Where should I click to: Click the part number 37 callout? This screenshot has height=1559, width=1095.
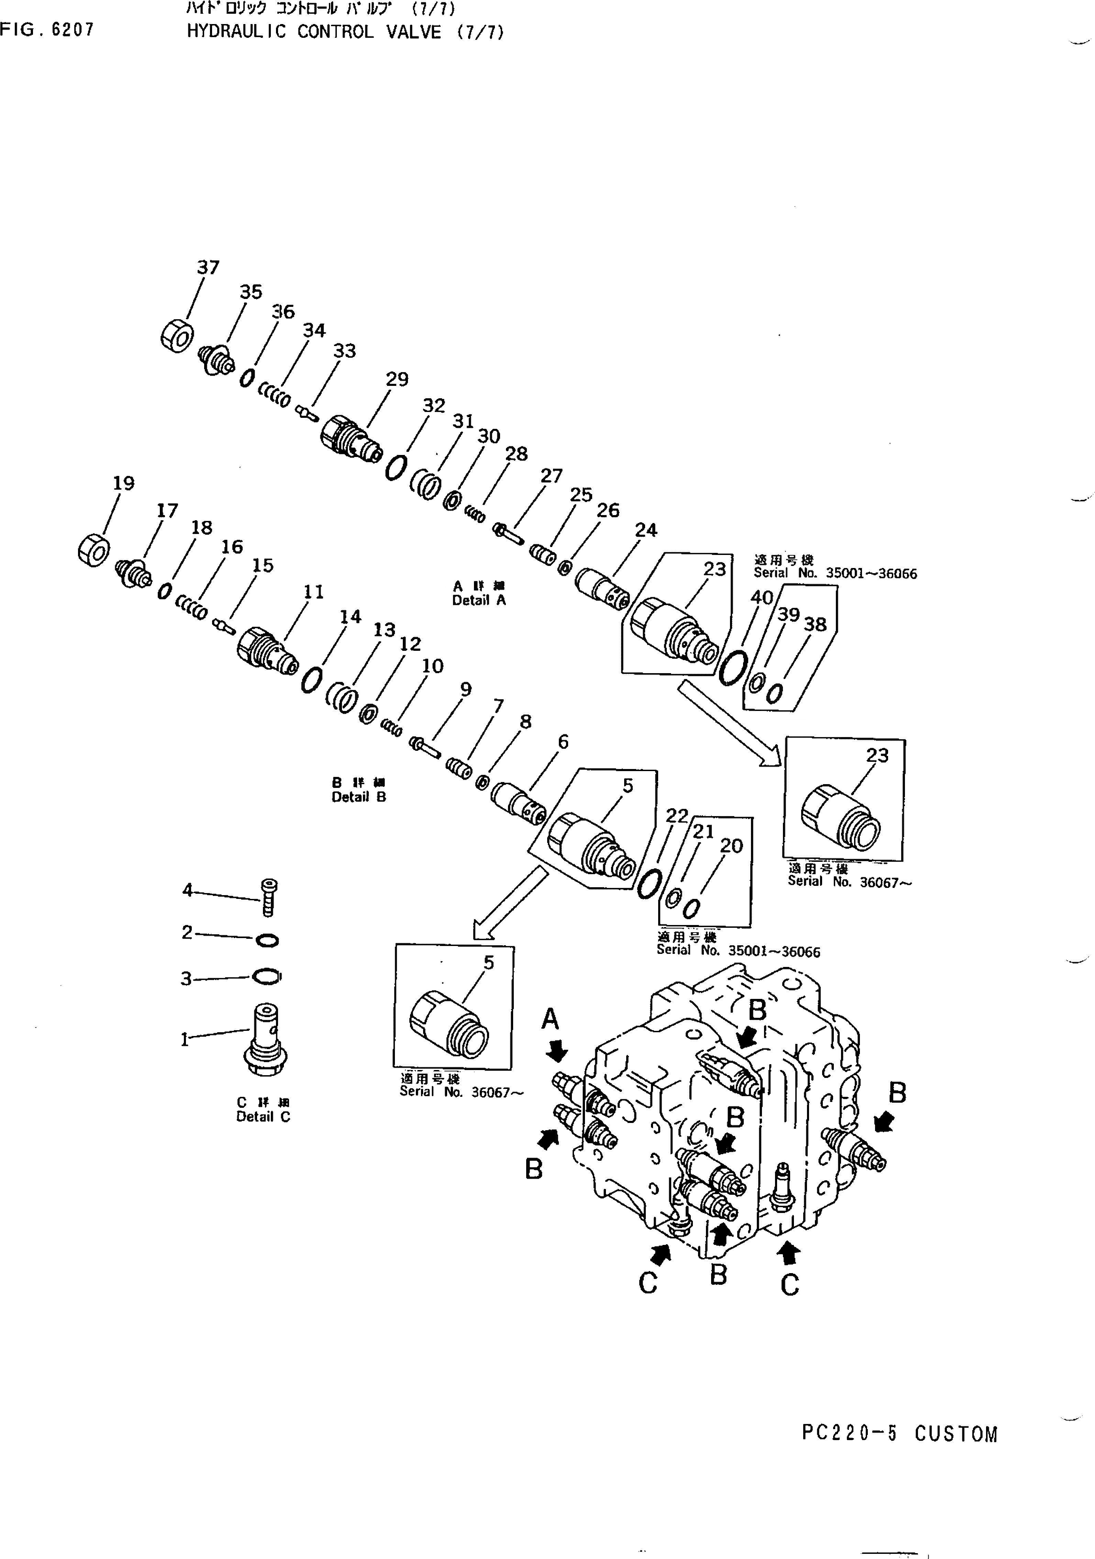(208, 268)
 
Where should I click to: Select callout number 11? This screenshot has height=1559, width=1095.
(313, 592)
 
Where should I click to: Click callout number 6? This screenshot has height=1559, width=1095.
(563, 742)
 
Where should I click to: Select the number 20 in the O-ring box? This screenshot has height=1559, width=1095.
(732, 845)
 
